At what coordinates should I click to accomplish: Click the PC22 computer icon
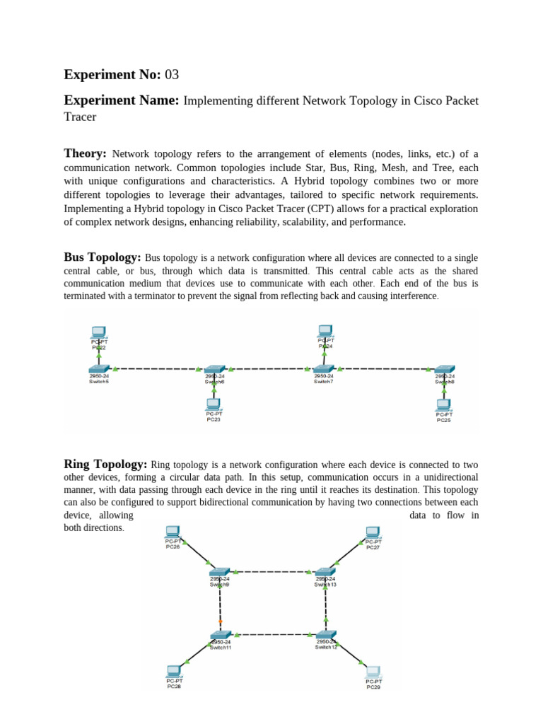point(98,332)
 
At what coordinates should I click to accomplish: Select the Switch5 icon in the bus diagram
point(99,369)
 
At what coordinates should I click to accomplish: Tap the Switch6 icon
point(214,370)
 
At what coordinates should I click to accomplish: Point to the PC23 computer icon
point(213,404)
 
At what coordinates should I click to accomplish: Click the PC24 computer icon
point(325,330)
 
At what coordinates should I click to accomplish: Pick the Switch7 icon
point(324,369)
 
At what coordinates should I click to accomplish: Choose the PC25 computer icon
point(443,405)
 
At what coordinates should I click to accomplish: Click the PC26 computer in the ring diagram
point(173,532)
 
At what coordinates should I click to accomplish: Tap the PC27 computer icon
point(373,532)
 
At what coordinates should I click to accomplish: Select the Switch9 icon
point(220,571)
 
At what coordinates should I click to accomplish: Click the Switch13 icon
point(325,571)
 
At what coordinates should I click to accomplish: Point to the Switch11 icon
point(221,635)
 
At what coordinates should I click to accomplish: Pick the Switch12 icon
point(326,635)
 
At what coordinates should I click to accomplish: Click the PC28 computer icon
point(174,671)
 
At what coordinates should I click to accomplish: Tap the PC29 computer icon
point(373,672)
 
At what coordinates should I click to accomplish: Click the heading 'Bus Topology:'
point(103,257)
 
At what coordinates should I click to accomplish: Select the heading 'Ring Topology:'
point(105,464)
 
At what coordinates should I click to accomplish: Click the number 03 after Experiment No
point(173,74)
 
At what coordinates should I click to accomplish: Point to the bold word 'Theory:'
point(85,153)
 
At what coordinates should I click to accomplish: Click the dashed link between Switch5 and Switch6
point(157,369)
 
